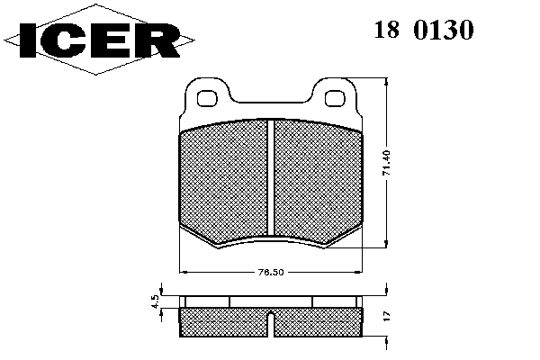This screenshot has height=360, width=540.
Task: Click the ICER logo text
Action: [x=100, y=40]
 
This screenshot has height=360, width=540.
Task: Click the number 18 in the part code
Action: [x=387, y=30]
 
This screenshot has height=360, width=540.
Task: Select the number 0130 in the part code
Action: [x=444, y=30]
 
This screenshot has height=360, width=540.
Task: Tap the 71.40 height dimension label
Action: [x=386, y=163]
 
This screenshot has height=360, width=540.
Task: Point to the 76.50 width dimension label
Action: [x=271, y=272]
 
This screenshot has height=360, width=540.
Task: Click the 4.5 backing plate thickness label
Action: [x=156, y=301]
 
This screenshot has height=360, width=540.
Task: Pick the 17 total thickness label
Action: [x=386, y=316]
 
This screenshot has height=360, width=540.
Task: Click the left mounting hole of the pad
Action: [x=208, y=98]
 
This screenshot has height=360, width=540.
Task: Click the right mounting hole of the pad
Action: [x=335, y=98]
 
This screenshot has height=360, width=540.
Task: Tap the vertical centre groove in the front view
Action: [x=271, y=178]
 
